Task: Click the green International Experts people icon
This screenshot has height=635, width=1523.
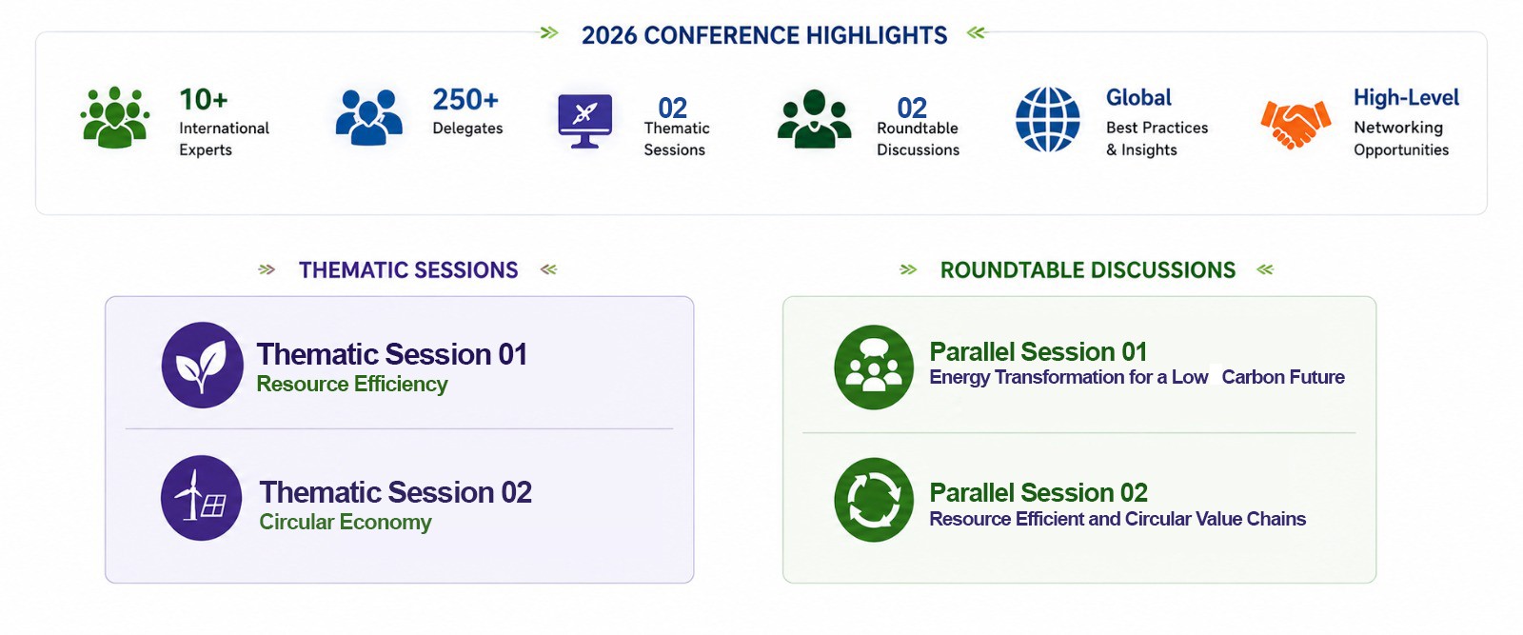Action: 115,117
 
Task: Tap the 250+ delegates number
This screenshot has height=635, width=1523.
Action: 465,100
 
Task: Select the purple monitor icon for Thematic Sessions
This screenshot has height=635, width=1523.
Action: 584,121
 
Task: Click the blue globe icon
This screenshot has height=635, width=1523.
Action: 1048,119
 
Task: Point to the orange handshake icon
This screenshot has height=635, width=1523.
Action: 1296,123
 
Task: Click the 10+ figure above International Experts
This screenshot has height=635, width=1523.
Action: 204,100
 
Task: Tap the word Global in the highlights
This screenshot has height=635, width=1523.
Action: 1138,98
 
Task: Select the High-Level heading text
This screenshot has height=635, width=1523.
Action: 1406,98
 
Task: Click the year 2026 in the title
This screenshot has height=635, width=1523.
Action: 608,35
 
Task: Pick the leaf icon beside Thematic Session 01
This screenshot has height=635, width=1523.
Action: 202,365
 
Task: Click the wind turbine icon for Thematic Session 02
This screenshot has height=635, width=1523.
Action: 201,498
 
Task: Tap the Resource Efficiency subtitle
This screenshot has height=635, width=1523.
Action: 352,384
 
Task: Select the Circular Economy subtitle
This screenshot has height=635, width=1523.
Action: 346,522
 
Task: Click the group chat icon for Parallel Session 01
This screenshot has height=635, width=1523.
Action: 874,367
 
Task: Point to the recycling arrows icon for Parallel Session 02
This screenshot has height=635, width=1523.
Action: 874,500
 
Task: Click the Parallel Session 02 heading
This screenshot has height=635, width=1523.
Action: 1038,492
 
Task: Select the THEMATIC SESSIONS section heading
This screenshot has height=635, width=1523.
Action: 408,270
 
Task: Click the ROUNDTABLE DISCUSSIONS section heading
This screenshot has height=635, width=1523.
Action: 1088,270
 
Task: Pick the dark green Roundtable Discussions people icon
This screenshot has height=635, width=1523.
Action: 814,119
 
